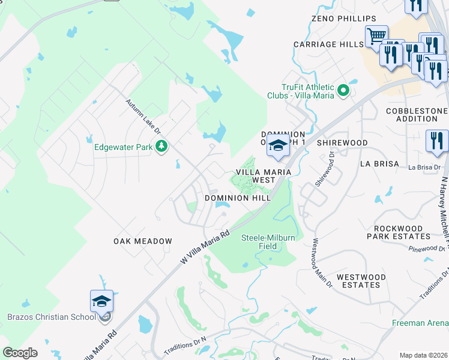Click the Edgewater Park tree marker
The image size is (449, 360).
click(161, 146)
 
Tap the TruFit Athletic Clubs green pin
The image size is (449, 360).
click(343, 91)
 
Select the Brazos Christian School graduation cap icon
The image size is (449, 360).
click(101, 302)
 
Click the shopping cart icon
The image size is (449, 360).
click(376, 35)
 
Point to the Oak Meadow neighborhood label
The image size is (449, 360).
click(143, 241)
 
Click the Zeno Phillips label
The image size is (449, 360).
click(344, 19)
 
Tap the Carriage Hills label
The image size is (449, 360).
click(328, 44)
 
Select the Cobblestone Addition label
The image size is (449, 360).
click(417, 115)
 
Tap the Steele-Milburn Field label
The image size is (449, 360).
click(268, 242)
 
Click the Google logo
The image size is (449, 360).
click(20, 353)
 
